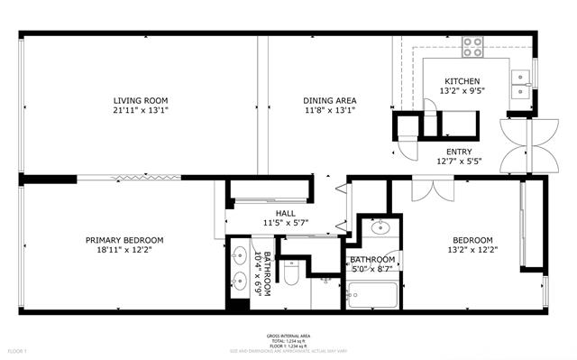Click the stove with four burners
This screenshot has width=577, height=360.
(473, 44)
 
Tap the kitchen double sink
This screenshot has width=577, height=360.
(520, 83)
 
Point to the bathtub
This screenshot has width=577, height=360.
(374, 294)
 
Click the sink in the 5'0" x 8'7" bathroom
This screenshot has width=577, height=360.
(379, 226)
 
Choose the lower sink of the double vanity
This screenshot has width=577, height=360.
(241, 279)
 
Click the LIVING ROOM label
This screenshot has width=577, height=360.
(141, 100)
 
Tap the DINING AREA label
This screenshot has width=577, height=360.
(329, 100)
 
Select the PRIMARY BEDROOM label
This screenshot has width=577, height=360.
(124, 240)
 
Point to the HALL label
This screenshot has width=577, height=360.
(286, 213)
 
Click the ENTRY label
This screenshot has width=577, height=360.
(460, 152)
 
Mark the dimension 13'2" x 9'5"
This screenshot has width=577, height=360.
(462, 91)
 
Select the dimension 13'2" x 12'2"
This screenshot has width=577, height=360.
(472, 250)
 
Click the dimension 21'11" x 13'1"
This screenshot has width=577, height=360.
(141, 110)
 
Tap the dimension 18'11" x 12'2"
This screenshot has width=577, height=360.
(124, 250)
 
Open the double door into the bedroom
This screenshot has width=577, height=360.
(433, 189)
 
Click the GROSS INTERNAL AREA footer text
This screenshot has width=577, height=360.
(288, 333)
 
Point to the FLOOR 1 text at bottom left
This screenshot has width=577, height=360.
(18, 350)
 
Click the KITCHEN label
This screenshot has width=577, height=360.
(462, 81)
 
